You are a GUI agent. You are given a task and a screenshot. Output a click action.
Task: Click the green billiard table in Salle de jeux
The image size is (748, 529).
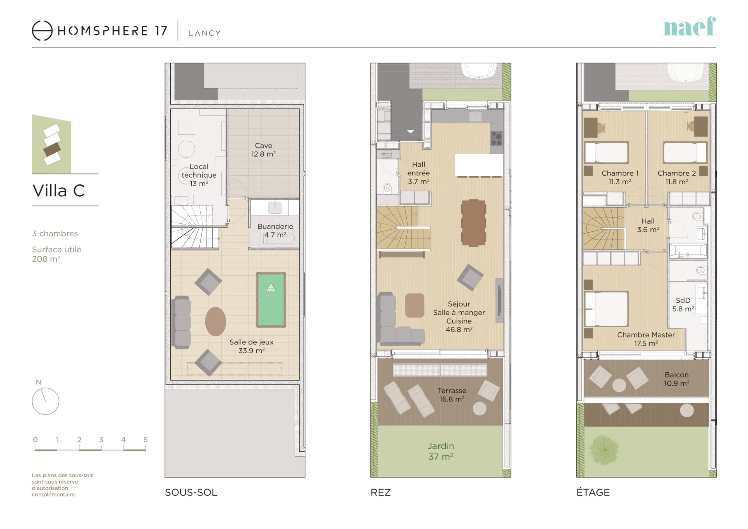271,300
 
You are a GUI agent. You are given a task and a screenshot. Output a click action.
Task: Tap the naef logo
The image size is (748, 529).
689,26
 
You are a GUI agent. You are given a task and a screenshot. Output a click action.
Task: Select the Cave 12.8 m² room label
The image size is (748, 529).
263,150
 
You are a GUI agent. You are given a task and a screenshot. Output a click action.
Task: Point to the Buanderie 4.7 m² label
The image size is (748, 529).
275,231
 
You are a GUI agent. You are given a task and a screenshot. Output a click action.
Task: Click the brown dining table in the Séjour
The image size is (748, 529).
473,223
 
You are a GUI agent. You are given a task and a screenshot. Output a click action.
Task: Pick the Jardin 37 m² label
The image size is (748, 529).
441,451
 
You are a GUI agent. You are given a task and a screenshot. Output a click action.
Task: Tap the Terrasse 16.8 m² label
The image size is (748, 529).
452,395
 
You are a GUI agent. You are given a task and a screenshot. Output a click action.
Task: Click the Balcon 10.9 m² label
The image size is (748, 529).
677,379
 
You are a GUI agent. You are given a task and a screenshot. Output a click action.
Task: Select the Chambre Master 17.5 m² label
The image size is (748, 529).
646,339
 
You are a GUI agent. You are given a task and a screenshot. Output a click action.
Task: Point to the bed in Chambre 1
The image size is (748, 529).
607,152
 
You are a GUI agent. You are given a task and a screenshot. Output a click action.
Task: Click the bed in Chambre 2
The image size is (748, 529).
685,152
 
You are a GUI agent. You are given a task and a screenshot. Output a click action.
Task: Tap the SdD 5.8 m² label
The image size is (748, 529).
683,305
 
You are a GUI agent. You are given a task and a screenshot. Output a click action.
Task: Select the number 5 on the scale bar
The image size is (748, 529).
146,439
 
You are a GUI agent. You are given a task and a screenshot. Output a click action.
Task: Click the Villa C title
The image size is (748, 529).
58,191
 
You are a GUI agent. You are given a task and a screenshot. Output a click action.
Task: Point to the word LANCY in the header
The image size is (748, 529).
205,33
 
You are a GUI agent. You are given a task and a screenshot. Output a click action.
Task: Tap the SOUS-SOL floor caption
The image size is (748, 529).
191,492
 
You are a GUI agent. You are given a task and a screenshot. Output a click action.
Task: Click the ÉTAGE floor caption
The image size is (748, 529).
593,492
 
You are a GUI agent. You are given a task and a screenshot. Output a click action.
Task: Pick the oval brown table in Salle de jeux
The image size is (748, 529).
215,321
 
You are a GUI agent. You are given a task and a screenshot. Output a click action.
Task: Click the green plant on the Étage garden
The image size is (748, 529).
604,450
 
